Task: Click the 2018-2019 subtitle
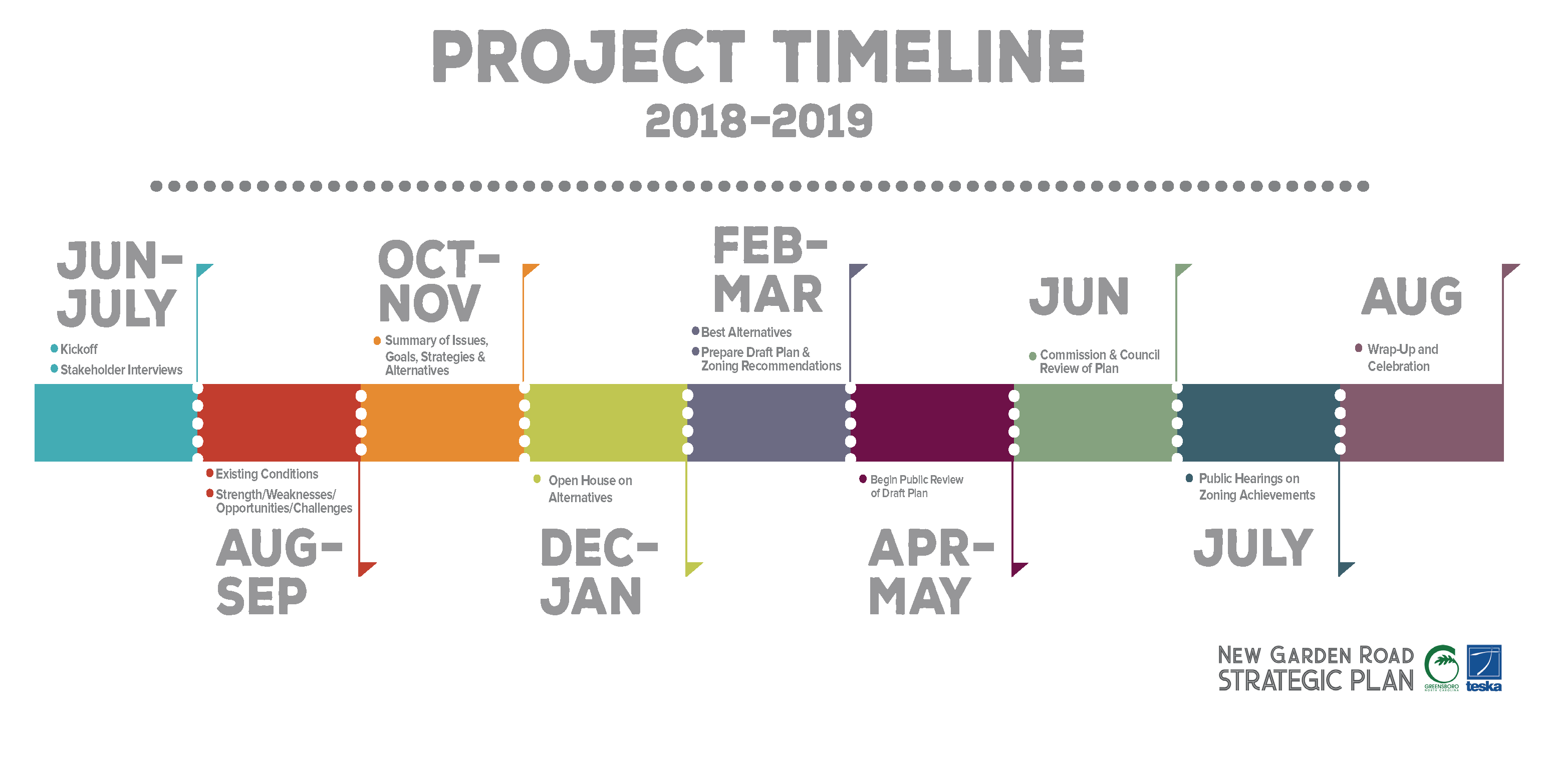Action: tap(759, 121)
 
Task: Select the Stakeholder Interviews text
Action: tap(122, 369)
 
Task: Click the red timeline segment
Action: tap(279, 423)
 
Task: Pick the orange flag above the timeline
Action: tap(531, 270)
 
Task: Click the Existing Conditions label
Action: tap(267, 474)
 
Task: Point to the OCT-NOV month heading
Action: tap(438, 281)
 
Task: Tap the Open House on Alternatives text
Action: tap(590, 489)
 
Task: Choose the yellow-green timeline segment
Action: tap(606, 423)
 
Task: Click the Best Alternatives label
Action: tap(746, 332)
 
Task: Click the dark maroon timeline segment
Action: tap(932, 423)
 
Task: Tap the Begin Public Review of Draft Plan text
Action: tap(916, 486)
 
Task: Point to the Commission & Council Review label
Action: tap(1100, 361)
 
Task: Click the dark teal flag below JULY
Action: tap(1346, 569)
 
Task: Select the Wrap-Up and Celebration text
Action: tap(1403, 357)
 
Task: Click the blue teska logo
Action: tap(1483, 668)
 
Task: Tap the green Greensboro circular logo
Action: tap(1441, 667)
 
